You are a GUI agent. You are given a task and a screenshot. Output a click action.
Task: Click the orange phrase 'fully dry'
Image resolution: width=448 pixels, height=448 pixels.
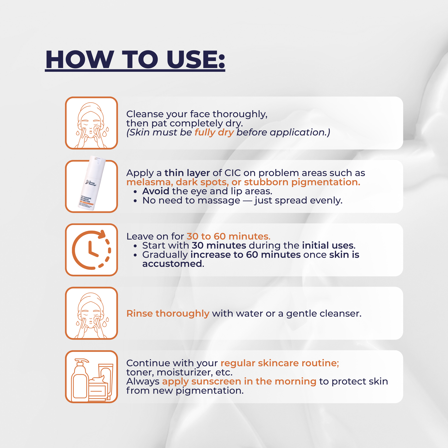click(x=214, y=132)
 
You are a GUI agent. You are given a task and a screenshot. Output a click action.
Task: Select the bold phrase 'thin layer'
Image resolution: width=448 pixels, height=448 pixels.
click(x=187, y=173)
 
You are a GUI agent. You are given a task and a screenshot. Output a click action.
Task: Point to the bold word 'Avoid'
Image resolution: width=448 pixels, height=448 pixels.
click(x=156, y=191)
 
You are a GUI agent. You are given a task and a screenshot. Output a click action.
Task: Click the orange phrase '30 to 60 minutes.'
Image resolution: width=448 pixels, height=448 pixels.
click(x=228, y=236)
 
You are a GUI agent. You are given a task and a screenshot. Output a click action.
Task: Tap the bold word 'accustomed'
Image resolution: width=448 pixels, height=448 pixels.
click(x=172, y=264)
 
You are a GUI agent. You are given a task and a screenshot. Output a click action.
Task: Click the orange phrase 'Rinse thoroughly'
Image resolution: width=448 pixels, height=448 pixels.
click(x=168, y=313)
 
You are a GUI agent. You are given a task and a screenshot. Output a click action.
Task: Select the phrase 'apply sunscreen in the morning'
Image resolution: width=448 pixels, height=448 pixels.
click(x=239, y=382)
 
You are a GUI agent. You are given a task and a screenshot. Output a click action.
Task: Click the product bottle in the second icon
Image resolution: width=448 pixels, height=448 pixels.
click(x=91, y=183)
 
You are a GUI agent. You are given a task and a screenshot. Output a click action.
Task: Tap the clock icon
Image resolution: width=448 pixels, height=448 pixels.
click(x=91, y=250)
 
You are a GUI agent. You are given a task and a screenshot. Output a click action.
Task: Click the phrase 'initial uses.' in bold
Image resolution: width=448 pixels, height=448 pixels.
click(x=329, y=246)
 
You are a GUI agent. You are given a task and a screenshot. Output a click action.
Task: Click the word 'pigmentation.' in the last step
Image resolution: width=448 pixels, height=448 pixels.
click(x=210, y=391)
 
